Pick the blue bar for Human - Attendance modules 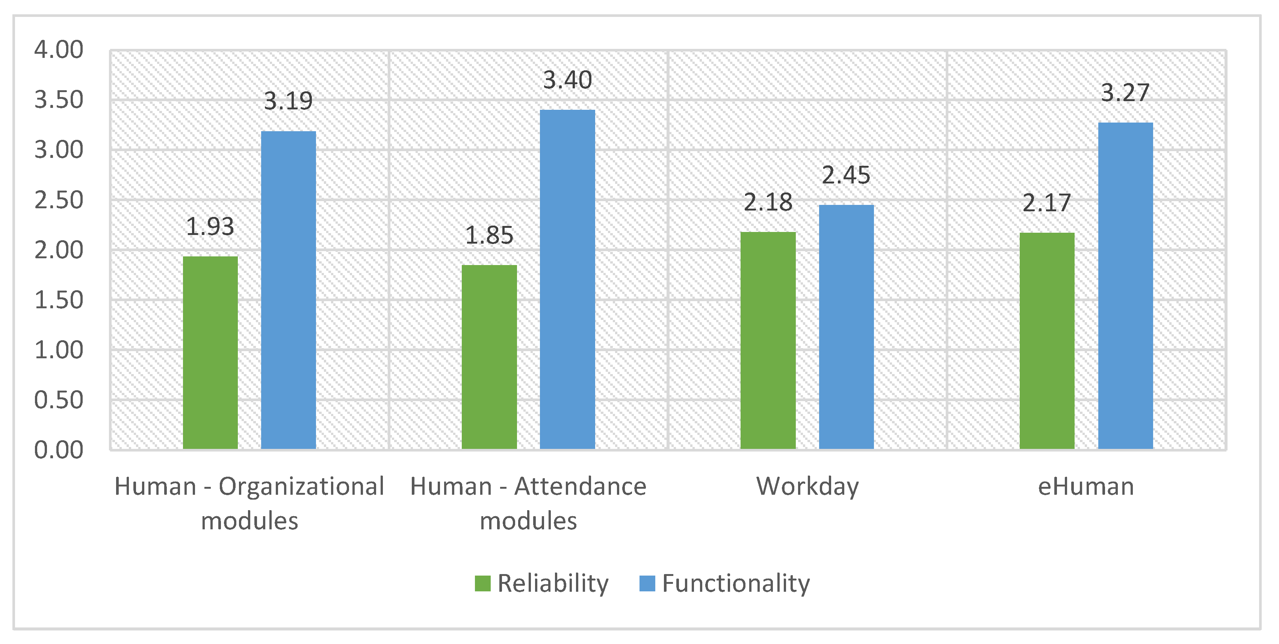pyautogui.click(x=567, y=280)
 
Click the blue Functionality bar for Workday pyautogui.click(x=846, y=327)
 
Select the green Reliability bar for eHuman pyautogui.click(x=1047, y=341)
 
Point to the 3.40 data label pyautogui.click(x=567, y=80)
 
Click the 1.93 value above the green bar pyautogui.click(x=210, y=227)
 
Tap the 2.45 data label pyautogui.click(x=846, y=175)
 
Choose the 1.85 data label pyautogui.click(x=489, y=235)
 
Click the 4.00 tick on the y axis pyautogui.click(x=59, y=50)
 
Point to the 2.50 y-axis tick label pyautogui.click(x=59, y=200)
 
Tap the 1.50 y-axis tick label pyautogui.click(x=59, y=300)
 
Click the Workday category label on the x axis pyautogui.click(x=807, y=487)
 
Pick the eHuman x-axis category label pyautogui.click(x=1086, y=486)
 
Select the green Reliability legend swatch pyautogui.click(x=482, y=583)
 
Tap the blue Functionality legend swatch pyautogui.click(x=647, y=583)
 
